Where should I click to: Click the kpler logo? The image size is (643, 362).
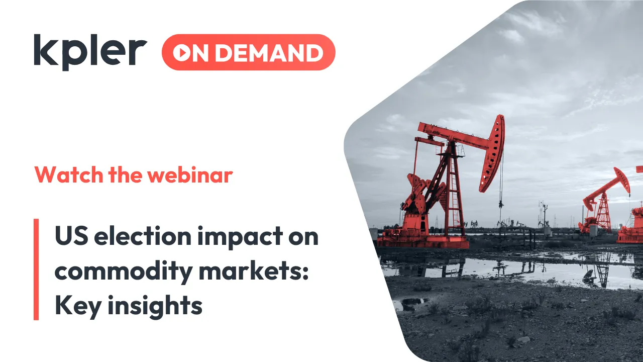click(90, 52)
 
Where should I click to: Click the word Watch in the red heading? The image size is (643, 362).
click(66, 174)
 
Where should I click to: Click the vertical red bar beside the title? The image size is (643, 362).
click(36, 269)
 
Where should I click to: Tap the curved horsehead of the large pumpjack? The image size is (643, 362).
click(493, 151)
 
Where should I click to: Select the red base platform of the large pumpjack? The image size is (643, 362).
click(422, 241)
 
